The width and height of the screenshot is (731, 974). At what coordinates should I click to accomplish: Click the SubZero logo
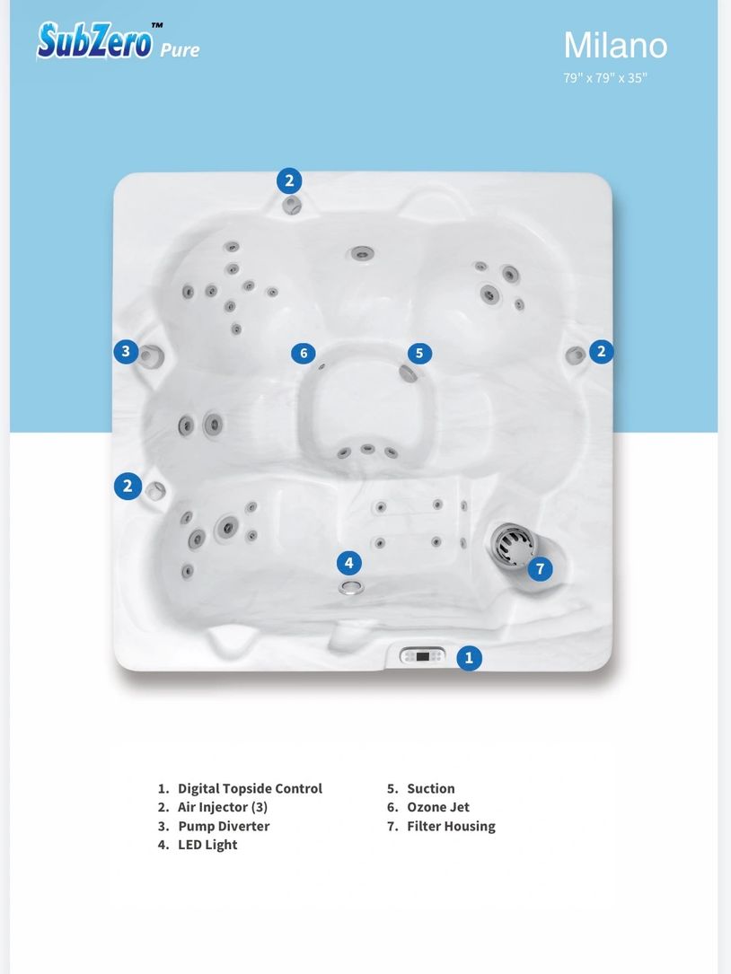tap(95, 40)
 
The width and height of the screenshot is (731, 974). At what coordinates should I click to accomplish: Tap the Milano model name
tap(615, 46)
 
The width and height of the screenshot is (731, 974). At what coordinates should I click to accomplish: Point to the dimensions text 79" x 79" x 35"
tap(604, 78)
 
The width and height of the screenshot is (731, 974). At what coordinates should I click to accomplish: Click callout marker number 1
tap(470, 657)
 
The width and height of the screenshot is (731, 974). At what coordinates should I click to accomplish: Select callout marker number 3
tap(127, 352)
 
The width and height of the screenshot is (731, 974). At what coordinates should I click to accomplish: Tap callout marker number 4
tap(349, 563)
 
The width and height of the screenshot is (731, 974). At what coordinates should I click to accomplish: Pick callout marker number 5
tap(419, 354)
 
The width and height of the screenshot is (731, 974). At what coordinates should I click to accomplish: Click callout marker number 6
tap(304, 354)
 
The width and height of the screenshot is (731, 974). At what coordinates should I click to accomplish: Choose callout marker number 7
tap(541, 568)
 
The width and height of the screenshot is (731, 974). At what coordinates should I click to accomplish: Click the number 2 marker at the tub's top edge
tap(290, 180)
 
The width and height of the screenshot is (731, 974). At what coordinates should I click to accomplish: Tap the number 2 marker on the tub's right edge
tap(601, 352)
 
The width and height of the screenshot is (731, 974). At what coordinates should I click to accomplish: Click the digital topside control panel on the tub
tap(422, 656)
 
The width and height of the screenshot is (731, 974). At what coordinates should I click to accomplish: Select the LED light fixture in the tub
tap(351, 587)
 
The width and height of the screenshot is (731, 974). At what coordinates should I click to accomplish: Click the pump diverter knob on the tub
tap(150, 355)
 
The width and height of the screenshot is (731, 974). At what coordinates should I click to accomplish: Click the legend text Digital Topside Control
tap(250, 789)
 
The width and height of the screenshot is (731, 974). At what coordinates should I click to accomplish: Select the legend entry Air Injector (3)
tap(223, 808)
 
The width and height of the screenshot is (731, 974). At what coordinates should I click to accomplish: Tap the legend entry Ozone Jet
tap(438, 808)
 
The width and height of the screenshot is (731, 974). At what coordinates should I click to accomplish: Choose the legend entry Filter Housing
tap(452, 827)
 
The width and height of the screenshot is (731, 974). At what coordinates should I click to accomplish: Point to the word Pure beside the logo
tap(180, 49)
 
